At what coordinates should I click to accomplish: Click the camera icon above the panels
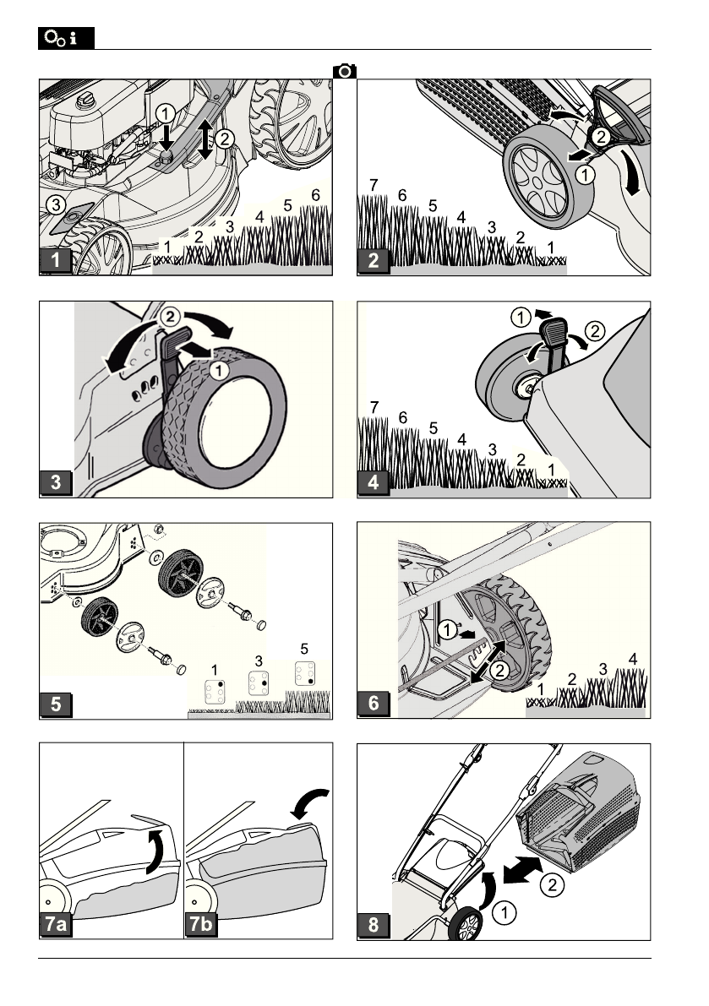tap(345, 71)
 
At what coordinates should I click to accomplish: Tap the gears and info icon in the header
tap(66, 39)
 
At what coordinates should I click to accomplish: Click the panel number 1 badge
tap(56, 260)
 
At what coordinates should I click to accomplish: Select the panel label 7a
tap(56, 924)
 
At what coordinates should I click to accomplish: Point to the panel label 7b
tap(201, 924)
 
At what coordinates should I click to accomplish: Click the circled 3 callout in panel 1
tap(56, 205)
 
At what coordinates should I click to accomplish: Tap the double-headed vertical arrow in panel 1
tap(205, 139)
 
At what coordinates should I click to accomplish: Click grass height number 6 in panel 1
tap(315, 195)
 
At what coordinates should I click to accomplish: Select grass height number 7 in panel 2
tap(374, 186)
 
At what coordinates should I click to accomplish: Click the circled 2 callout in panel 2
tap(601, 137)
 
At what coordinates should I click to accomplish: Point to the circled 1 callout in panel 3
tap(219, 371)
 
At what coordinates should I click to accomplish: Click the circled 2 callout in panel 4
tap(595, 331)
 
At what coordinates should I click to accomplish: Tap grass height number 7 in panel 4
tap(374, 407)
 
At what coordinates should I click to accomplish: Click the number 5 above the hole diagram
tap(304, 650)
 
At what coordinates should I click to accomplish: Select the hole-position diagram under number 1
tap(215, 692)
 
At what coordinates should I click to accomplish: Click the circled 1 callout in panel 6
tap(448, 629)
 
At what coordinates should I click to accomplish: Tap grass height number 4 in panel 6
tap(633, 659)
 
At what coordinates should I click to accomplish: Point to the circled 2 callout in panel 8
tap(553, 885)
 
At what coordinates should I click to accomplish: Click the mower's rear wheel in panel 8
tap(466, 925)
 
